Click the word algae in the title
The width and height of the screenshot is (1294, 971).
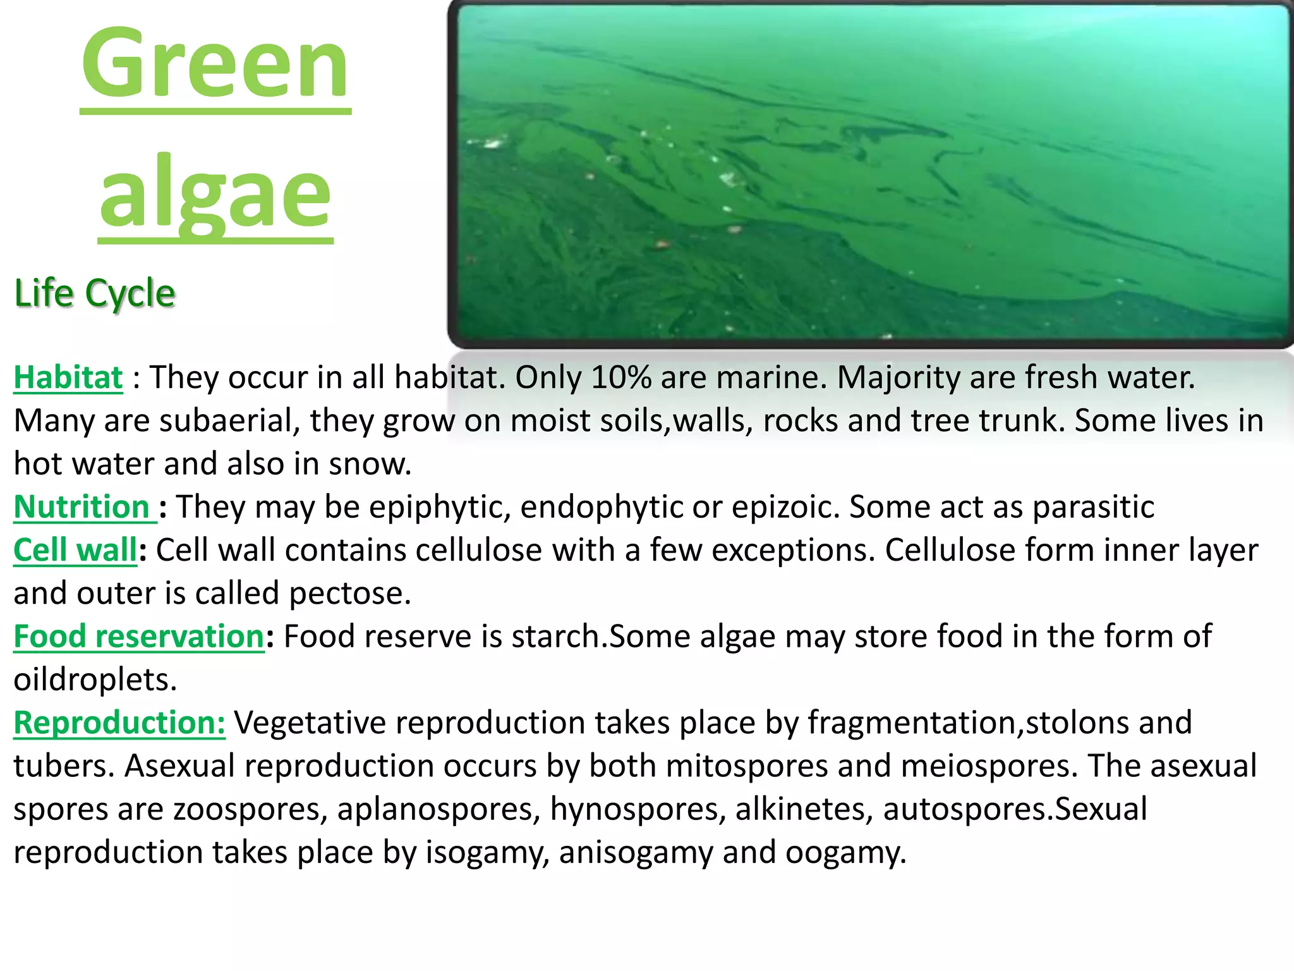215,193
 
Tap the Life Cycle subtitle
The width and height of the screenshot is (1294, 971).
94,293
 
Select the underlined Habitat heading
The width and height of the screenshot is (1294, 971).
68,377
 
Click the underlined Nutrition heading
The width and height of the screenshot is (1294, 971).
82,507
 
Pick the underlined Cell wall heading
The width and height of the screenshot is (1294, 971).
75,550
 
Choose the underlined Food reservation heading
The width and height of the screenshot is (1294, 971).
139,636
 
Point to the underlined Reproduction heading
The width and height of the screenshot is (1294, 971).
119,723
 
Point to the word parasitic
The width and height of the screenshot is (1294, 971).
1093,507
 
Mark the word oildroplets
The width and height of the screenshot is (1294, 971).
95,680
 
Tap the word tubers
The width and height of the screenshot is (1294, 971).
64,766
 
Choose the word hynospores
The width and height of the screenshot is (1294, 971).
638,809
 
